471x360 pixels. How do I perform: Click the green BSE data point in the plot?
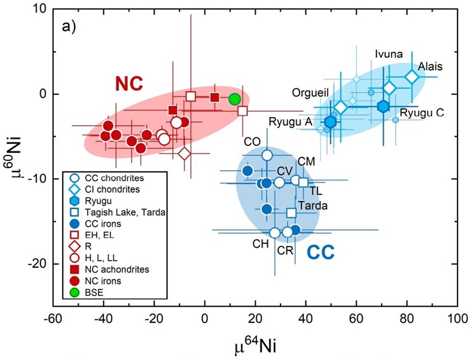pyautogui.click(x=235, y=99)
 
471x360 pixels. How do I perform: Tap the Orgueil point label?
pyautogui.click(x=311, y=93)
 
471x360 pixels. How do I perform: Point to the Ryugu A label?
pyautogui.click(x=287, y=121)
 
